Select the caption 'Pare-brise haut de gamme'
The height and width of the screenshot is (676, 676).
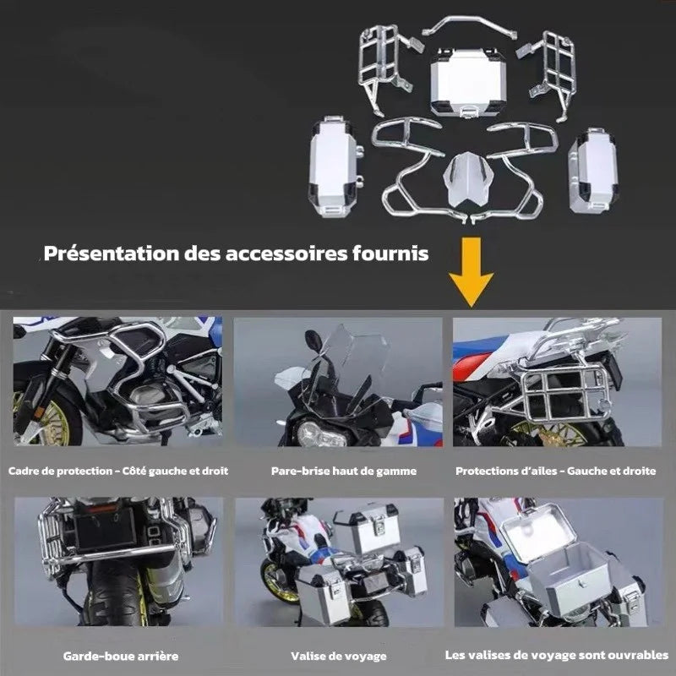(x=337, y=470)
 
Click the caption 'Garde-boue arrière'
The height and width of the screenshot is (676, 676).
(x=120, y=655)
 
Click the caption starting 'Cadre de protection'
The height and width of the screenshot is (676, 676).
(x=118, y=470)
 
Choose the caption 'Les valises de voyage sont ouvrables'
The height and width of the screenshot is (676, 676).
(x=557, y=655)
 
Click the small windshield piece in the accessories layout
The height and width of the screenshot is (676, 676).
(x=466, y=178)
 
